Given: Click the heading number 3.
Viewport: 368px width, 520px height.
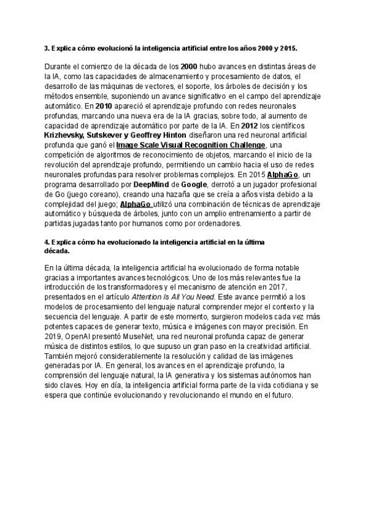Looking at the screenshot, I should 47,47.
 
